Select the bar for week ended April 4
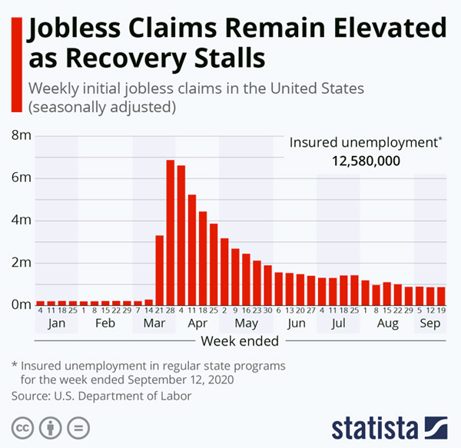[x=181, y=234]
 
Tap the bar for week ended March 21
[x=159, y=269]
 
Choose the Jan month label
[x=56, y=324]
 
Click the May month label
[x=246, y=324]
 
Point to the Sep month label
[x=429, y=324]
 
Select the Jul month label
[x=338, y=324]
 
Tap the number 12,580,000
[x=366, y=161]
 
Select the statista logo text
[x=373, y=426]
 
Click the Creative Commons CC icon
[x=24, y=426]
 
